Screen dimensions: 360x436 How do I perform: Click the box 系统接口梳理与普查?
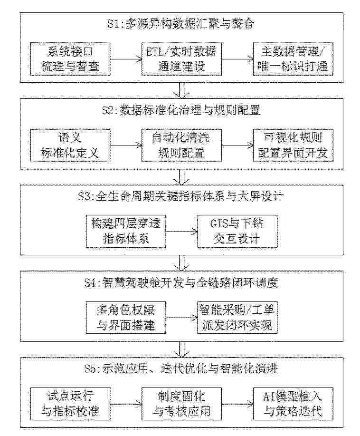coord(70,59)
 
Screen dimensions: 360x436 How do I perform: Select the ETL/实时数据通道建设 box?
coord(182,59)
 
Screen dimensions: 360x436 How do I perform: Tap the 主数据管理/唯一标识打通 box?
coord(293,59)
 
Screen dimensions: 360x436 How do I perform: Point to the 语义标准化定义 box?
coord(70,145)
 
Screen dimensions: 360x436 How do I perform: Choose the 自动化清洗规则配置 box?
coord(182,145)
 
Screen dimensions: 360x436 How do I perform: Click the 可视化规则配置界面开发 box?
coord(293,145)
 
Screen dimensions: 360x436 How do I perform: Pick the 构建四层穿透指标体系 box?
coord(126,232)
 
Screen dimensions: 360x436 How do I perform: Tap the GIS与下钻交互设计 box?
coord(237,232)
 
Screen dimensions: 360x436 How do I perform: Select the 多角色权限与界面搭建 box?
coord(126,318)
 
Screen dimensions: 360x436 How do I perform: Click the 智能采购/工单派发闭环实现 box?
coord(237,318)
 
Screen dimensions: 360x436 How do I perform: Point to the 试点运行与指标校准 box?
coord(70,404)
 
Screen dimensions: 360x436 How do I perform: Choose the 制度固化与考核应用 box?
coord(182,404)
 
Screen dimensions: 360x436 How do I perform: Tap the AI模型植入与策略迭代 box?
coord(293,404)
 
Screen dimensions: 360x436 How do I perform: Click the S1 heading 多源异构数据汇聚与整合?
coord(181,24)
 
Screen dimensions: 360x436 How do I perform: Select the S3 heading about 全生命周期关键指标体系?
coord(181,196)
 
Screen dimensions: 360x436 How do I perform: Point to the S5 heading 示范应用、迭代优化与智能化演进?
coord(181,368)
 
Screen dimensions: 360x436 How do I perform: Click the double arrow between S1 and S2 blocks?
coord(182,90)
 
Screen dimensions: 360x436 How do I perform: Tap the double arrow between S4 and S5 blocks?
coord(182,349)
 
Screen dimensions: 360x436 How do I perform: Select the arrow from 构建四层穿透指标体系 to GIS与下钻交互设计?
coord(182,231)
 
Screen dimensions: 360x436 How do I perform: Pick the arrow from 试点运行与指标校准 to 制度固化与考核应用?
coord(126,404)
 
